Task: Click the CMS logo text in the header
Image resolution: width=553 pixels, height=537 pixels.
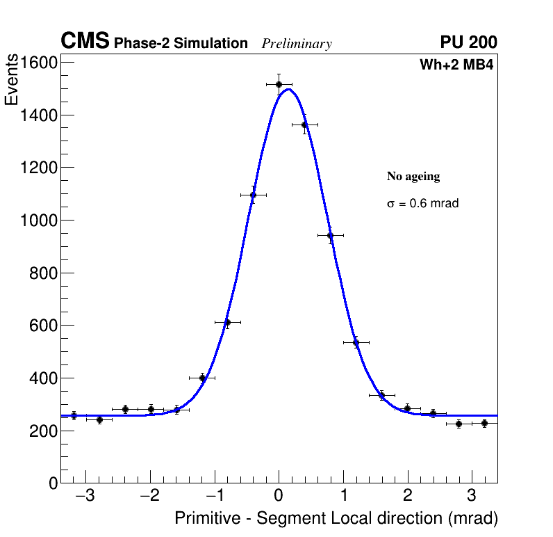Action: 85,42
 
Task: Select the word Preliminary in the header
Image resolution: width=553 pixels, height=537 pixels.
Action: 297,44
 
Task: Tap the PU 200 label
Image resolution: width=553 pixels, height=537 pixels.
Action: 468,42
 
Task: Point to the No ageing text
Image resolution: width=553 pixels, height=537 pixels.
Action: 413,177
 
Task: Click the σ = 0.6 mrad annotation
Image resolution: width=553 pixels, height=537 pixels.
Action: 422,204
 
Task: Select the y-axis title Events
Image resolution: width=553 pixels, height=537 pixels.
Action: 12,81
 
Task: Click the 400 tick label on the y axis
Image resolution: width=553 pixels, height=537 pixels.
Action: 42,378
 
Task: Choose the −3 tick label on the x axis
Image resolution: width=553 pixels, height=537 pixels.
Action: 85,497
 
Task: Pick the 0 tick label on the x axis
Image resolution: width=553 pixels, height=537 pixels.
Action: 279,497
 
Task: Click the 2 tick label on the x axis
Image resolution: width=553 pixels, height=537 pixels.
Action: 408,497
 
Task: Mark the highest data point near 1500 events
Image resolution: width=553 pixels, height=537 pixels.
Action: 279,84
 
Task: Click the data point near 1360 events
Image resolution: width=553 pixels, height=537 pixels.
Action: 304,125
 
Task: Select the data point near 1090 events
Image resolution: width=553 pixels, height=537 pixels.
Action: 253,195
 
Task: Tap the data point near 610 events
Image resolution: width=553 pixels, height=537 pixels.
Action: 227,322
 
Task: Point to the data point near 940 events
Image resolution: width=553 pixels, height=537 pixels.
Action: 330,235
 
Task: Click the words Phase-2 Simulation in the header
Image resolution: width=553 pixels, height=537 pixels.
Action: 181,44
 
